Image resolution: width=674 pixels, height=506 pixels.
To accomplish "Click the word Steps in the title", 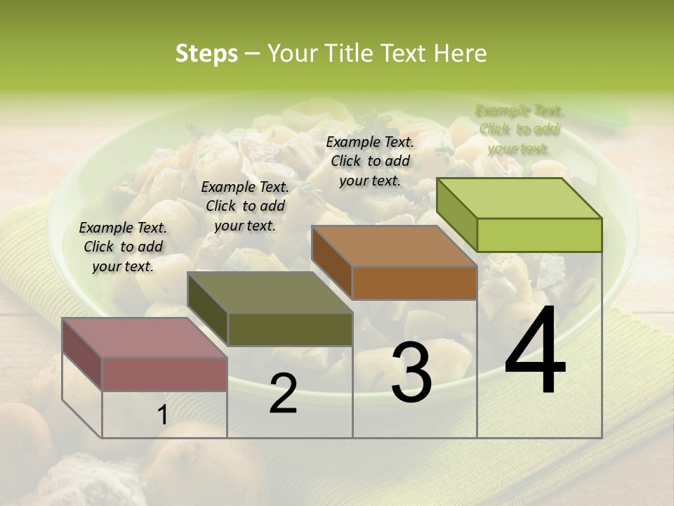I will click(206, 53).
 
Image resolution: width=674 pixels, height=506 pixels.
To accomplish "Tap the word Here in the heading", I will click(460, 53).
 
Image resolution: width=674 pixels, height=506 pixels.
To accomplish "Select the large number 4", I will click(535, 351).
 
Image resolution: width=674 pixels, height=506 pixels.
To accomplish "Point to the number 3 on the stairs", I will click(411, 372).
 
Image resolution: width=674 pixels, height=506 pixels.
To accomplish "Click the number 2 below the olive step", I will click(283, 394).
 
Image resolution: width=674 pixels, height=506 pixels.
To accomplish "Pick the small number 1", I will click(162, 415).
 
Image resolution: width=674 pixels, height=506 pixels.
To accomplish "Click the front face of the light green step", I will click(539, 235).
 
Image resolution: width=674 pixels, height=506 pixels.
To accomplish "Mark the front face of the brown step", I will click(414, 283).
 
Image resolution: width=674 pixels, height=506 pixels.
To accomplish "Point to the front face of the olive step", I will click(290, 329).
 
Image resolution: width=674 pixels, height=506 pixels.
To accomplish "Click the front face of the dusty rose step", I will click(165, 374).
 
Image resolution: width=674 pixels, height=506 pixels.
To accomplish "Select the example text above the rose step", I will click(123, 247).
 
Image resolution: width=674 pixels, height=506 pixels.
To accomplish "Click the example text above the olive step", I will click(245, 206).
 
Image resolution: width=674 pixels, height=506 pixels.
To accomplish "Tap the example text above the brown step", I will click(370, 161).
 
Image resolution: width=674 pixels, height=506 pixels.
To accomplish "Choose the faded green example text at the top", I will click(520, 129).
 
